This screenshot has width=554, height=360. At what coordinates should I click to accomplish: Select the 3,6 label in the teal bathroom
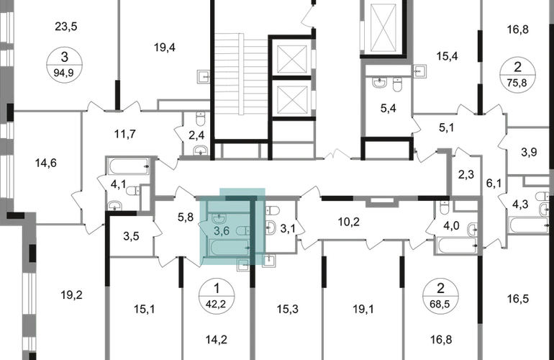click(221, 230)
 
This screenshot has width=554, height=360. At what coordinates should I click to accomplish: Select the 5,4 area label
click(388, 110)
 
